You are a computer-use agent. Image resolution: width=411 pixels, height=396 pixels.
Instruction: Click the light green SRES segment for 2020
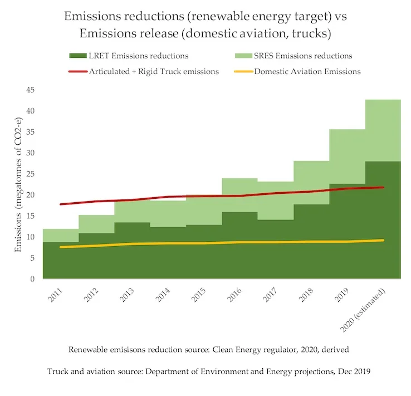383,130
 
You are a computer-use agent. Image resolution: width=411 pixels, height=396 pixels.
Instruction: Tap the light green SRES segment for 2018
311,182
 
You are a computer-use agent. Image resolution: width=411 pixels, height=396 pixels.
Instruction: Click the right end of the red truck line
383,187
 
